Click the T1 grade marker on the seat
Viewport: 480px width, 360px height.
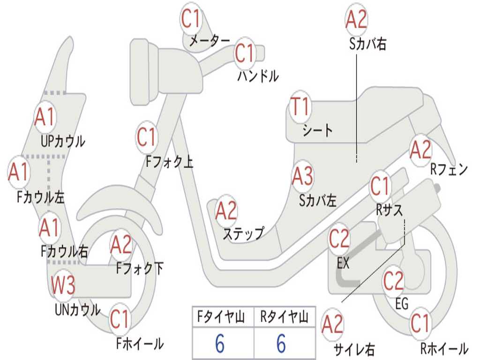click(300, 108)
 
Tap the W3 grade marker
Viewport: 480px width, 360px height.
click(63, 285)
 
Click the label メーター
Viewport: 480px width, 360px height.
click(209, 41)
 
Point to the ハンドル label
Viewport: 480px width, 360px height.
click(258, 75)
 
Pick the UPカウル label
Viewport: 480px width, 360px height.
click(63, 140)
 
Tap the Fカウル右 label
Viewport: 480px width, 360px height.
click(64, 252)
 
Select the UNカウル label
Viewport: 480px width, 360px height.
click(77, 309)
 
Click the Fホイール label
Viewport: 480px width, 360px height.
click(140, 344)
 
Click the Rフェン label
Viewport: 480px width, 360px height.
click(449, 170)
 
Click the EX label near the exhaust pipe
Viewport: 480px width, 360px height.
click(343, 263)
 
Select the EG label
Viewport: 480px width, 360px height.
click(401, 304)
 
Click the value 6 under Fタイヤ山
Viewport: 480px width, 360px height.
click(219, 344)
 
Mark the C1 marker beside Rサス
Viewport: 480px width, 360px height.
click(380, 186)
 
